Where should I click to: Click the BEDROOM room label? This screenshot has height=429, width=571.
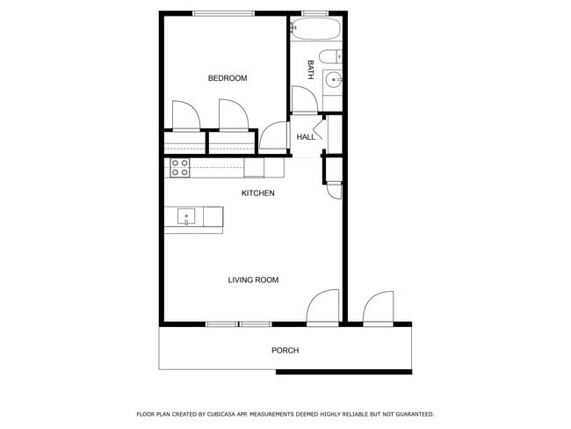pos(227,78)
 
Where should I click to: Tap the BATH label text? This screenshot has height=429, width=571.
pos(310,69)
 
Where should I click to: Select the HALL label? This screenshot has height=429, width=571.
pos(306,137)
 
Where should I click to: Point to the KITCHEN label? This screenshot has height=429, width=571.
pos(258,193)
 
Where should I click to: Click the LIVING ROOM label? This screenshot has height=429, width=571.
pos(253,280)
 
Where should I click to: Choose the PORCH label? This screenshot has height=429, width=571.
pos(285,351)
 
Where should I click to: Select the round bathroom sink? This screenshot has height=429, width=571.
pos(333,82)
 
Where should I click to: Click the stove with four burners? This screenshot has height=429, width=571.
pos(180,167)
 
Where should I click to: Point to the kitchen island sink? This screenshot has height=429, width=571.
pos(186,215)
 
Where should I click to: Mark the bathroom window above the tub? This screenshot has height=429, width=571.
pos(314,12)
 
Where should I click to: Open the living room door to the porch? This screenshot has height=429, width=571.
pos(322,308)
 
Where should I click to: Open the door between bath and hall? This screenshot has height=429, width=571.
pos(305,101)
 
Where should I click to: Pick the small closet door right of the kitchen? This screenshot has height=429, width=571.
pos(334,188)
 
